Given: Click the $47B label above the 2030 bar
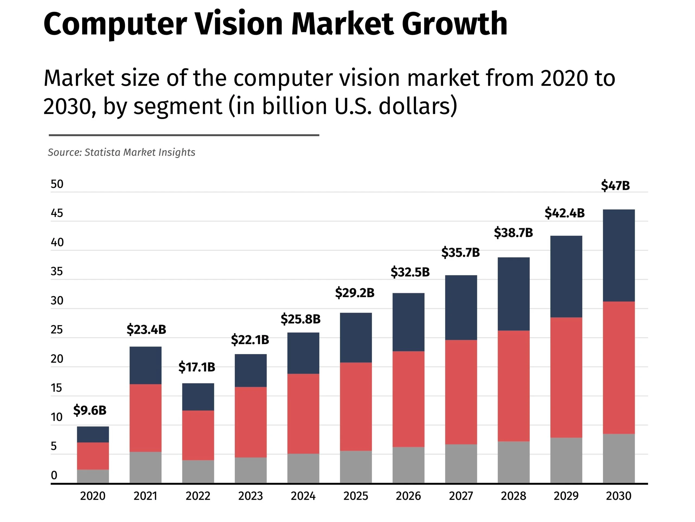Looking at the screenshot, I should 615,185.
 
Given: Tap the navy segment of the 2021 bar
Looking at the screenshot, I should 146,365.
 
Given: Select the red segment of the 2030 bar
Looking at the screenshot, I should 618,367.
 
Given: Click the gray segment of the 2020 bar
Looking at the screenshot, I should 93,476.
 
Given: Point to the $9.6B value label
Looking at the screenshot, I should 90,410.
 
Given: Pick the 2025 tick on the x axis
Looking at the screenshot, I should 355,496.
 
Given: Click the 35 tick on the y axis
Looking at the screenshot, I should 57,272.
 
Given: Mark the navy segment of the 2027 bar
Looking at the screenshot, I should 461,307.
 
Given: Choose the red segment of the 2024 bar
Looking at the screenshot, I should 303,413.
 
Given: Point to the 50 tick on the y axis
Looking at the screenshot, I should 57,184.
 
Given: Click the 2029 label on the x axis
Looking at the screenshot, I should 566,496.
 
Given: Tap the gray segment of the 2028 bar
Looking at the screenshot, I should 513,462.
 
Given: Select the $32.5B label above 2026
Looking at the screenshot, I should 410,272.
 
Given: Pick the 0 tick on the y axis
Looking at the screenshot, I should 54,475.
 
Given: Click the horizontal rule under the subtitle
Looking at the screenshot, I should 184,135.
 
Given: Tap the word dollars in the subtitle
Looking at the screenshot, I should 418,106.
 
